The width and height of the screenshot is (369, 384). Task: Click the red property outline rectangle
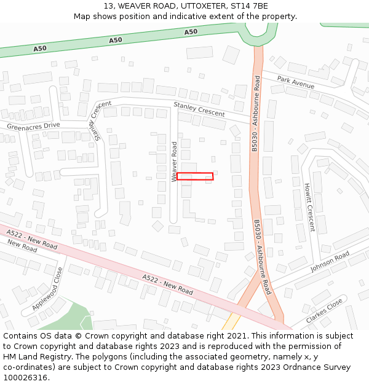click(195, 176)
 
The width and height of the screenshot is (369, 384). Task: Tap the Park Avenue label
click(295, 82)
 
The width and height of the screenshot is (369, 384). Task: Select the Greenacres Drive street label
click(34, 126)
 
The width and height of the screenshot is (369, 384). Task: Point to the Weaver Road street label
click(174, 162)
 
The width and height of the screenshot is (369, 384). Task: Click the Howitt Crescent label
click(309, 207)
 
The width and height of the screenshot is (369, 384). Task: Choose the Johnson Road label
click(330, 261)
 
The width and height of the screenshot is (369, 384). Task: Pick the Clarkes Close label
click(324, 312)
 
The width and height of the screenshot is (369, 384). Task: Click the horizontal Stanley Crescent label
click(199, 109)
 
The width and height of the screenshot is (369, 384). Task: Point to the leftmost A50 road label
click(40, 48)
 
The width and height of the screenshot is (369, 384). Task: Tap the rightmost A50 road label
click(191, 31)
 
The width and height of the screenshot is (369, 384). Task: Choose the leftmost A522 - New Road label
click(32, 240)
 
